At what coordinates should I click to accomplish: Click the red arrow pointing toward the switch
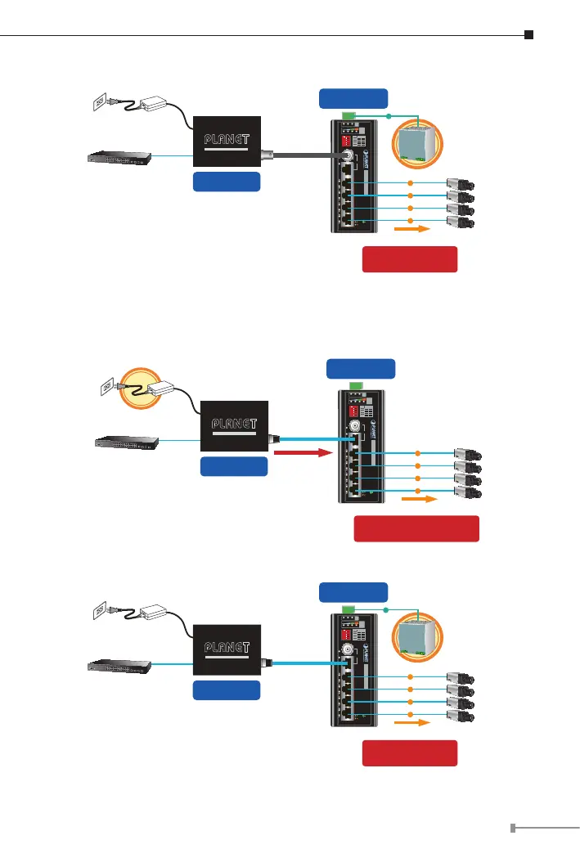(x=301, y=451)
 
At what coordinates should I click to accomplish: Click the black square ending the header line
(x=529, y=35)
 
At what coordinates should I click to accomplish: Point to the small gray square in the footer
(x=513, y=829)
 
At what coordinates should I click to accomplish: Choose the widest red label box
(x=416, y=528)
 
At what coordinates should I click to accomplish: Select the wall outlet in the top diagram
(x=99, y=103)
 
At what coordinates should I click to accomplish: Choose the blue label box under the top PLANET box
(x=227, y=182)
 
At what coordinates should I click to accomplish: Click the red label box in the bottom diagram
(x=409, y=753)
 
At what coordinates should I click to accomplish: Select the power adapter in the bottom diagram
(x=153, y=613)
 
